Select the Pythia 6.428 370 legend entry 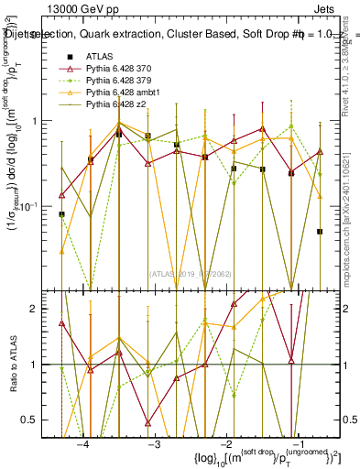(122, 70)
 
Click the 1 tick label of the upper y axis (36, 121)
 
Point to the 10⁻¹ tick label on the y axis (31, 207)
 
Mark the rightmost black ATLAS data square (320, 232)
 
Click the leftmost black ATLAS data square (61, 214)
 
